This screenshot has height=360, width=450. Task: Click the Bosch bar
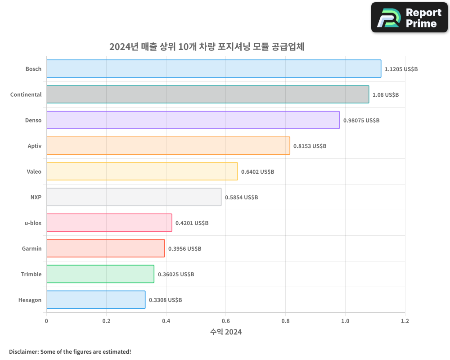(214, 69)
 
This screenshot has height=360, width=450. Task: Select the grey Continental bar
(207, 94)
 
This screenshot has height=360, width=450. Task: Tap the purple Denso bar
(193, 120)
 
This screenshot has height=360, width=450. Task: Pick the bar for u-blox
(109, 223)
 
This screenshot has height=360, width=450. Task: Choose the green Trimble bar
(100, 274)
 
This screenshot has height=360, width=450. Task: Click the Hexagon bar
(96, 300)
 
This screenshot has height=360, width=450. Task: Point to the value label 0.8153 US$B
(310, 146)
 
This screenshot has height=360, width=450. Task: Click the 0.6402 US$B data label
(257, 171)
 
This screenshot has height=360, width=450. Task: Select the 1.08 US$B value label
(386, 94)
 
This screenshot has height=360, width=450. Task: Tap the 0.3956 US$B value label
(184, 248)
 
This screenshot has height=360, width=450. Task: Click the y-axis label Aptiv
(34, 146)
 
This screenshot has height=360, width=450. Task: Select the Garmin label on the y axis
(31, 248)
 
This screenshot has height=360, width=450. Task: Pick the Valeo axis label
(34, 171)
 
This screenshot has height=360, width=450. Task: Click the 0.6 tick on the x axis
(225, 321)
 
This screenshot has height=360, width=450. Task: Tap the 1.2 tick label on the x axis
(405, 321)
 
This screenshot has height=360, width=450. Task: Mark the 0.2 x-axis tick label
(106, 321)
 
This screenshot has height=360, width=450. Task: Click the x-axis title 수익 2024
(226, 332)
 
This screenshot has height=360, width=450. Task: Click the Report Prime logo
(409, 18)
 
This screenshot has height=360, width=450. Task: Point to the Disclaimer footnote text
(70, 351)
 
